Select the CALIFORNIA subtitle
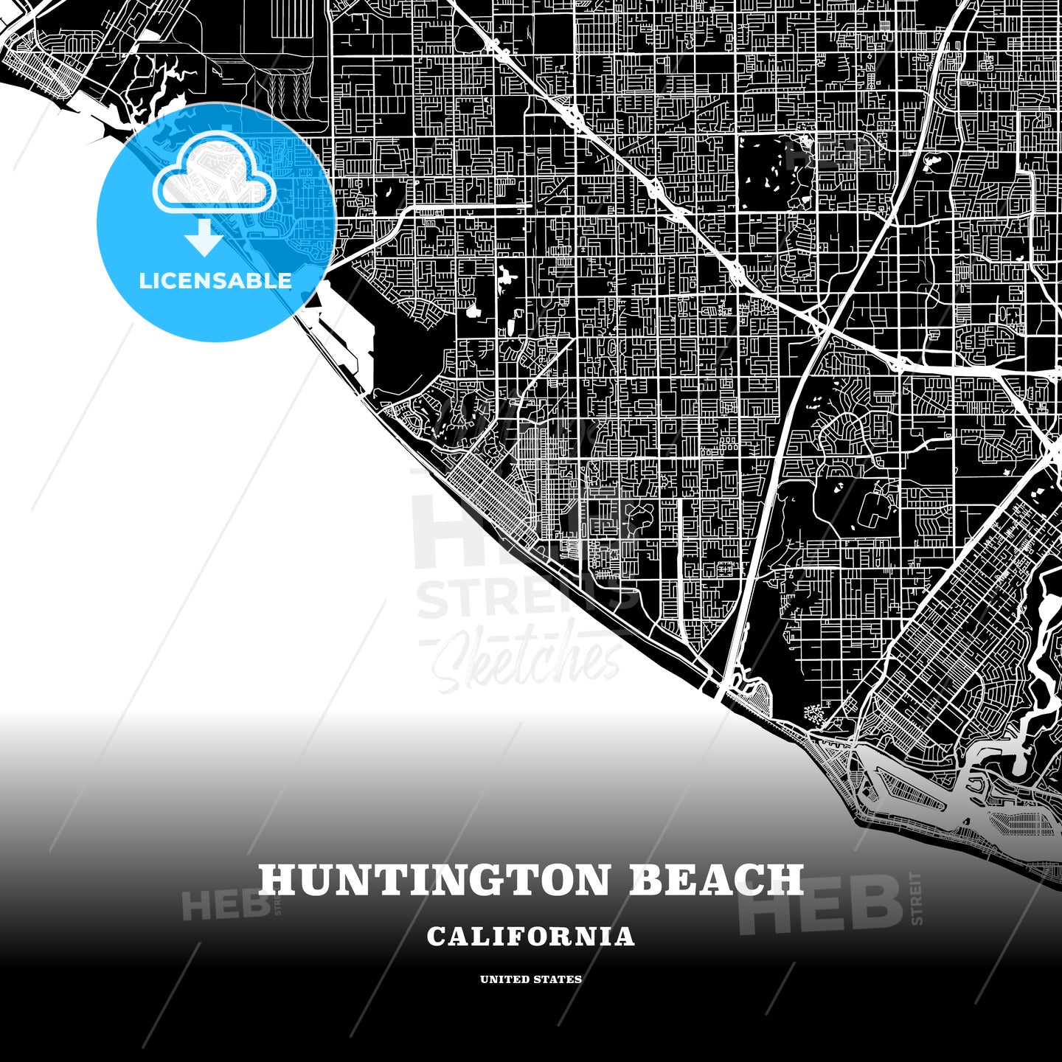coord(530,937)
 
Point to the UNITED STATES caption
coord(530,979)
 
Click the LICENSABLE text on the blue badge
coord(215,281)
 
